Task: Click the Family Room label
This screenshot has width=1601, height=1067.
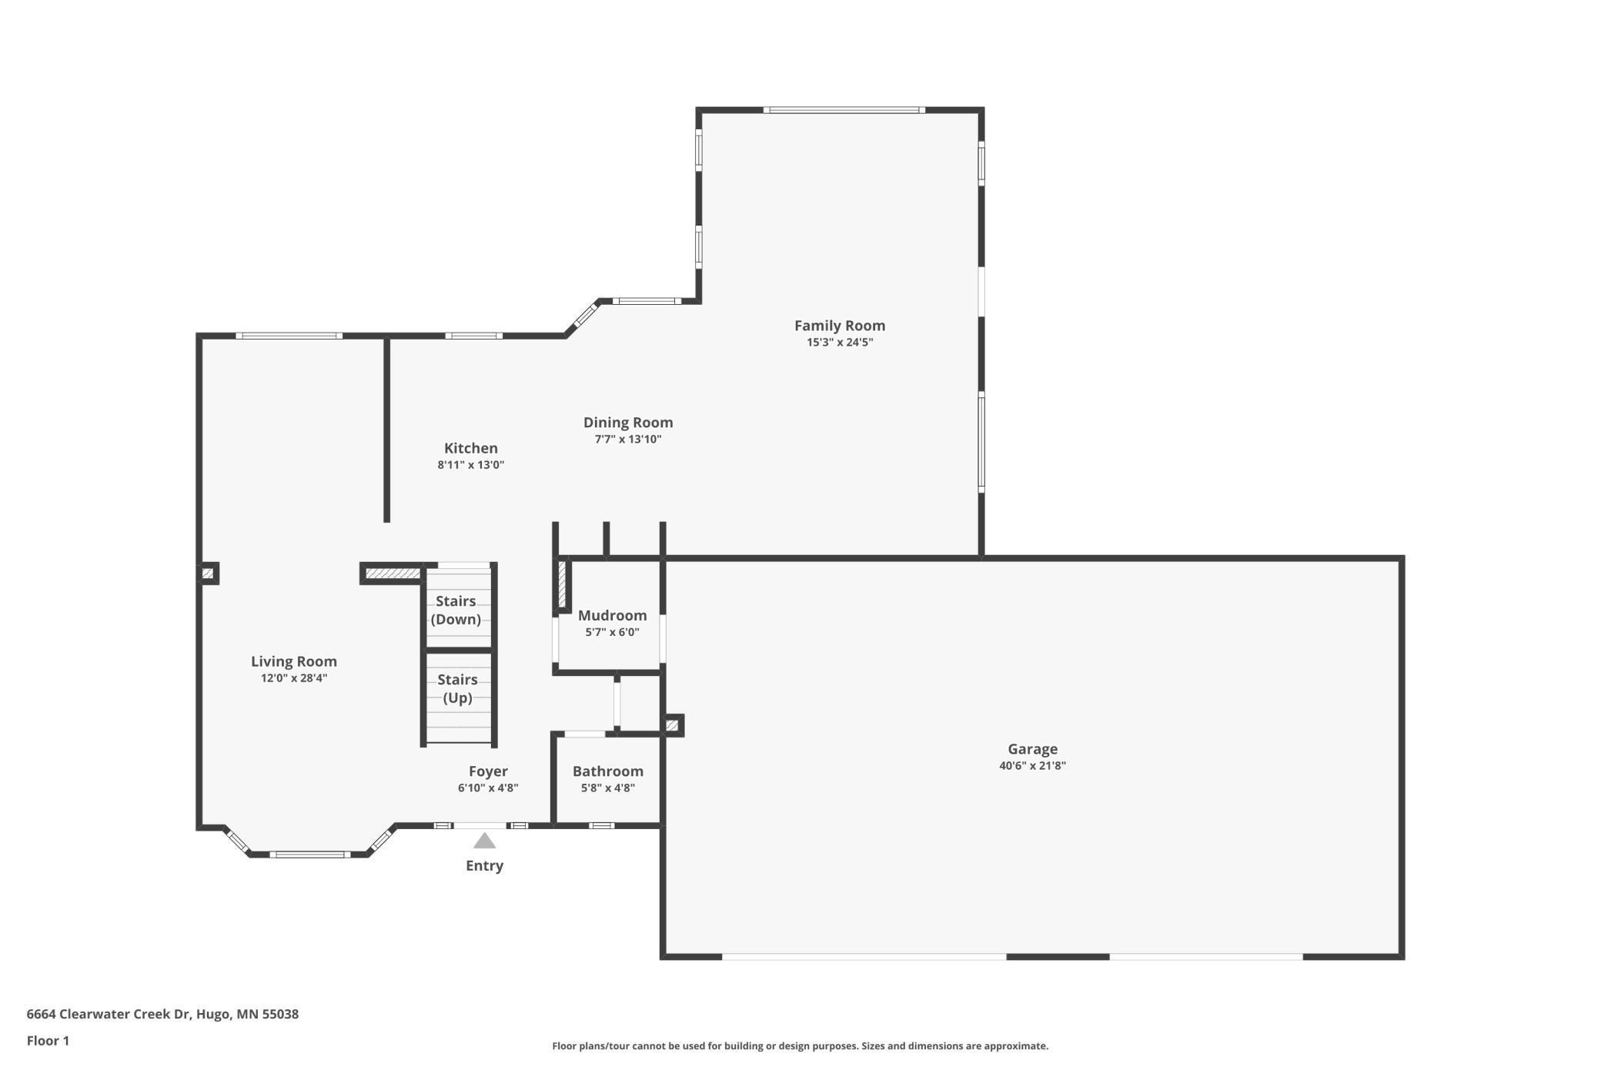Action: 839,326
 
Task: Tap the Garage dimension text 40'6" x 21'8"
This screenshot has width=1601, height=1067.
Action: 1032,765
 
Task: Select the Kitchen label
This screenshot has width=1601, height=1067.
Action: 470,448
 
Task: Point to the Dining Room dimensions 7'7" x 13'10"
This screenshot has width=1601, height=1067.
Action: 627,440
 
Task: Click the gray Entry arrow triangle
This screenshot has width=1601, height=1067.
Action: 484,841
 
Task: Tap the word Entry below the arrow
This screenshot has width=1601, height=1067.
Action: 484,865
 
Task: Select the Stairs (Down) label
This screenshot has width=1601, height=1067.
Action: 456,610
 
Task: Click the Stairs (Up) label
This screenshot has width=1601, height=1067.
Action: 457,688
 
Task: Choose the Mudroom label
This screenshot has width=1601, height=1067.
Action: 612,615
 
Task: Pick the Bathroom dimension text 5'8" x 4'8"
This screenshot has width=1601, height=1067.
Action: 607,788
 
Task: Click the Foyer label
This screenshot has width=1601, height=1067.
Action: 488,771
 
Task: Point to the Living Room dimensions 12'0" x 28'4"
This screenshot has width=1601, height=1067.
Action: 294,678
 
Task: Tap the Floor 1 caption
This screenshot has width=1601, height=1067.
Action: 48,1041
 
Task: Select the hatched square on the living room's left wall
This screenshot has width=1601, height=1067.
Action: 208,574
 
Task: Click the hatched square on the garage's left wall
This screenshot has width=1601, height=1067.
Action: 672,725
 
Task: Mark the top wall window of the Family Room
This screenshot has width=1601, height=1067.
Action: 844,110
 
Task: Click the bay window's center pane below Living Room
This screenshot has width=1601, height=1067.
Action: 309,854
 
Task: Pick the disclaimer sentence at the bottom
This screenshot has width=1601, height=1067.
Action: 800,1045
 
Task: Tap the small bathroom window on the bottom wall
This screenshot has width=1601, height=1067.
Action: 601,825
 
